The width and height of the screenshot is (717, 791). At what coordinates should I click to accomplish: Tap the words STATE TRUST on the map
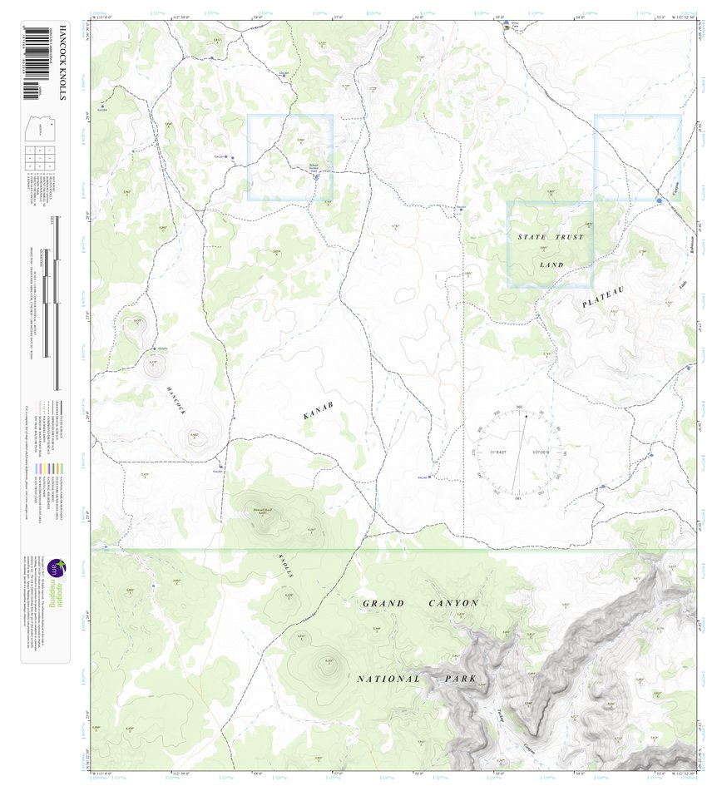click(550, 238)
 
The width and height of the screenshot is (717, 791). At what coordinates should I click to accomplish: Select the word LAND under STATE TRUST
click(551, 265)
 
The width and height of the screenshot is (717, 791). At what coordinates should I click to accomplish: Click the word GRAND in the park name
click(383, 603)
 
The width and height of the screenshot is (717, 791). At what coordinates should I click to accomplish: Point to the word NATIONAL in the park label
click(389, 679)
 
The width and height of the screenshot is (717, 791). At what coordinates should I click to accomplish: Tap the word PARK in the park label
click(459, 679)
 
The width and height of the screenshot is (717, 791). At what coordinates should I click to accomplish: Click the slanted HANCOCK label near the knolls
click(177, 400)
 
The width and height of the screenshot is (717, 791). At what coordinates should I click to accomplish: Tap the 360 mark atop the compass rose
click(520, 407)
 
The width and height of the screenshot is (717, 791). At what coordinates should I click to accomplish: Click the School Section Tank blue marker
click(317, 174)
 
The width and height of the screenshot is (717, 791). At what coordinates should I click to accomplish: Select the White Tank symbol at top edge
click(507, 27)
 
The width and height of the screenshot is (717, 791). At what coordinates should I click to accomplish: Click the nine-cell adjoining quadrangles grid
click(39, 157)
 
